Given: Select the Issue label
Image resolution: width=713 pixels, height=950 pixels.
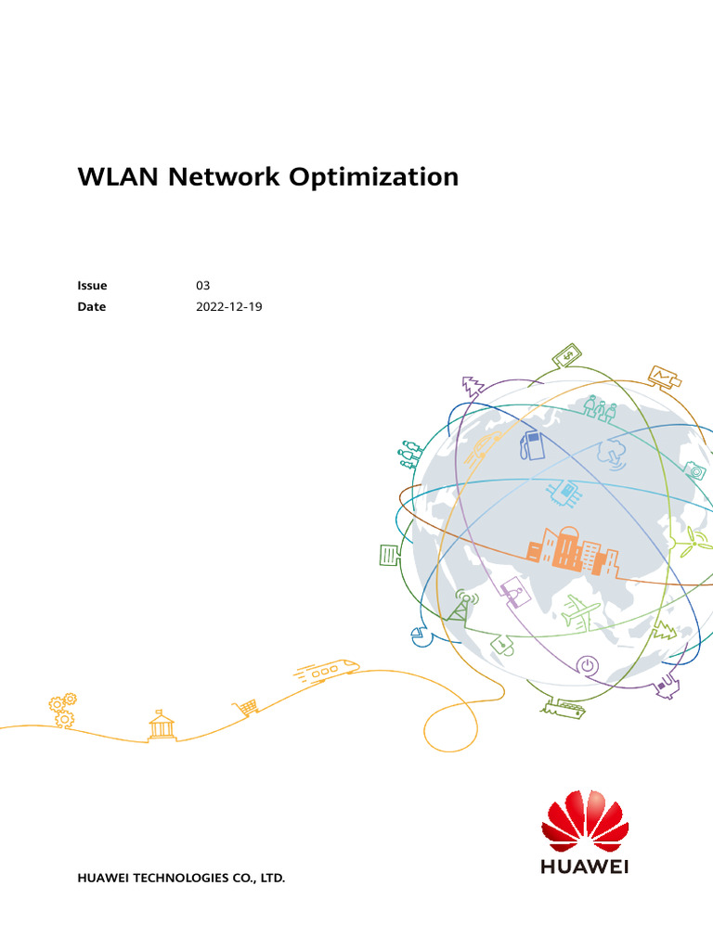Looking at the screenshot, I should pyautogui.click(x=92, y=286).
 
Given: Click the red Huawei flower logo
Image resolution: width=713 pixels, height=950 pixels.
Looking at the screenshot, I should pyautogui.click(x=584, y=821).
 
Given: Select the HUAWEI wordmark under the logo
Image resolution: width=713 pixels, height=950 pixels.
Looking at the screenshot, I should pyautogui.click(x=584, y=867).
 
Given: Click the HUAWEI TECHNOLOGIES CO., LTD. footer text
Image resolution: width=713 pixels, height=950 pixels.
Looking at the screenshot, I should pyautogui.click(x=181, y=877).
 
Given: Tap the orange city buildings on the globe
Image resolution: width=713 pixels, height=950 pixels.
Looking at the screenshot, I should pyautogui.click(x=572, y=549).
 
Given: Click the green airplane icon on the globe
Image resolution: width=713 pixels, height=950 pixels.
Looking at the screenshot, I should pyautogui.click(x=582, y=611).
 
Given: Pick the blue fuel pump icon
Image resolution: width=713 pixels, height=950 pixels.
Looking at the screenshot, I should pyautogui.click(x=532, y=443).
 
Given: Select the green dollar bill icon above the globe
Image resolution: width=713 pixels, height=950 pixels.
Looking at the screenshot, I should pyautogui.click(x=566, y=355).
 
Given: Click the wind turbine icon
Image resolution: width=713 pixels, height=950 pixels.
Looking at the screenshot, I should pyautogui.click(x=690, y=542).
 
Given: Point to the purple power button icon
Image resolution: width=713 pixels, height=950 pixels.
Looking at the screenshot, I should pyautogui.click(x=587, y=664).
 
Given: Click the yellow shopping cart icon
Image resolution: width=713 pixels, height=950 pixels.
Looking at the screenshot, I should pyautogui.click(x=246, y=707).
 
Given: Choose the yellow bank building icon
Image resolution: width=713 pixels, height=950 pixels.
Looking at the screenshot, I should pyautogui.click(x=162, y=725).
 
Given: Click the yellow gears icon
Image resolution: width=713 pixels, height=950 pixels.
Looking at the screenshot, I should pyautogui.click(x=63, y=709).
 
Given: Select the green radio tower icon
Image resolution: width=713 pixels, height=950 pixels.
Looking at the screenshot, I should pyautogui.click(x=461, y=604).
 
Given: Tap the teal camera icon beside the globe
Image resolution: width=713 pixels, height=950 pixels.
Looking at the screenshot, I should pyautogui.click(x=694, y=470).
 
